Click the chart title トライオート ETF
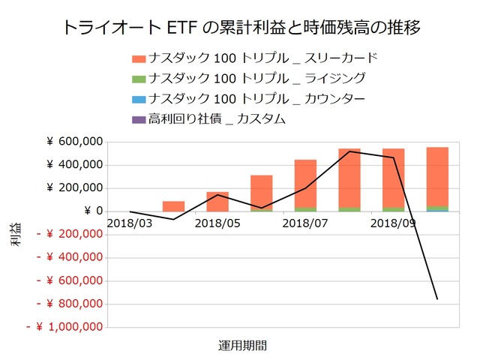point(239,28)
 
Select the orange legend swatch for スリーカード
point(138,58)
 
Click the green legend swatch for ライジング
point(138,78)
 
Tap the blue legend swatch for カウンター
point(138,98)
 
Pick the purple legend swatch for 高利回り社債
point(138,118)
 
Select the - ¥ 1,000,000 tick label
point(65,327)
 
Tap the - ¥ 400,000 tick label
point(68,257)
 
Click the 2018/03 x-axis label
point(129,223)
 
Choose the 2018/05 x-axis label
point(217,223)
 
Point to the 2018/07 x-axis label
point(305,223)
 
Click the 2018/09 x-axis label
point(393,223)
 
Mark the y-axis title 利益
point(16,234)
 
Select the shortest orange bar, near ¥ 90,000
point(173,206)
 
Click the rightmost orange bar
point(437,176)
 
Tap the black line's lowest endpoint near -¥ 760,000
point(437,299)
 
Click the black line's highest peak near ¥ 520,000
point(349,151)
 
